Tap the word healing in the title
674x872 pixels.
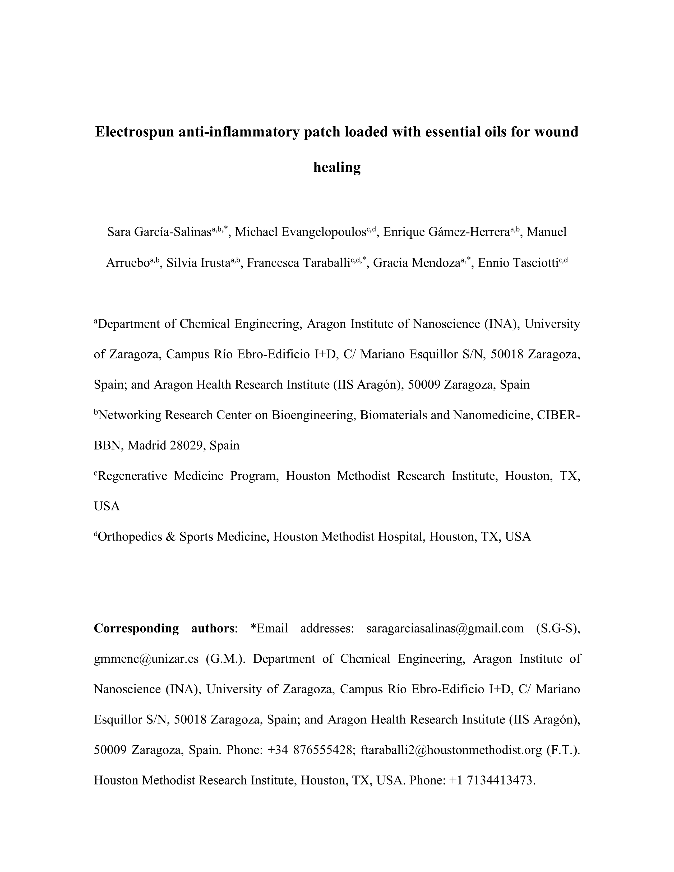pyautogui.click(x=337, y=167)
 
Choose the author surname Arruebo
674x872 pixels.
pyautogui.click(x=128, y=263)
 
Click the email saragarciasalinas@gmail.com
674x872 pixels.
pyautogui.click(x=445, y=629)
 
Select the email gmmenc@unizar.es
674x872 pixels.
pyautogui.click(x=146, y=659)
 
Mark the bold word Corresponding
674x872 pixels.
pyautogui.click(x=136, y=629)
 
